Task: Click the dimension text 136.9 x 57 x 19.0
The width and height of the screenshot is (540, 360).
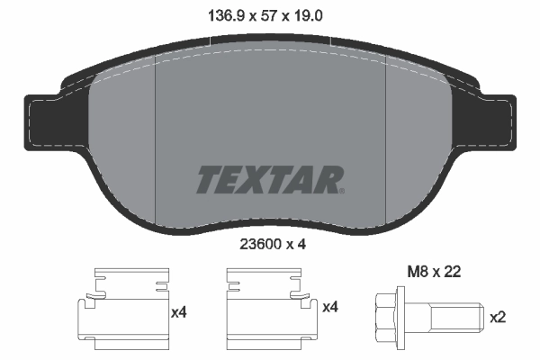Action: point(270,14)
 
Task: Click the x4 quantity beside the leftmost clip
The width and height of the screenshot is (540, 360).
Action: point(179,310)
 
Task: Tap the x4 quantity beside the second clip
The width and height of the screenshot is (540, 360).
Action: point(330,310)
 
